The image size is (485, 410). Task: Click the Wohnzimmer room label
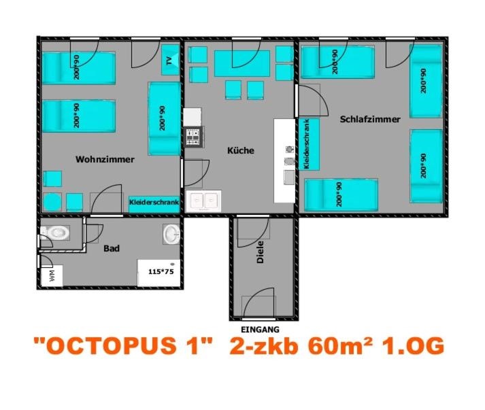pos(105,160)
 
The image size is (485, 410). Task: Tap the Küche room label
pos(241,150)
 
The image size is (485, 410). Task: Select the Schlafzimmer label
pos(370,120)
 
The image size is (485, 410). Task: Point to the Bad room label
pos(112,248)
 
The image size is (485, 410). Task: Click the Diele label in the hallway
pos(261,252)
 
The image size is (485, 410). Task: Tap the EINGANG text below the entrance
pos(260,330)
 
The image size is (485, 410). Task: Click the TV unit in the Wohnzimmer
pos(170,60)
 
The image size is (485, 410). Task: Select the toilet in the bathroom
pos(55,233)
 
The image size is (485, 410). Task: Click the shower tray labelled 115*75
pos(159,273)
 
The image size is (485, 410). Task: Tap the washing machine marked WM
pos(52,275)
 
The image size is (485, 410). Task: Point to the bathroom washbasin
pos(171,234)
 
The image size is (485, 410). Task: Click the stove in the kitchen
pos(194,137)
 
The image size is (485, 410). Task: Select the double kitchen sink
pos(203,201)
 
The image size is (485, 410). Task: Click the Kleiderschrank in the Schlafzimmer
pos(309,144)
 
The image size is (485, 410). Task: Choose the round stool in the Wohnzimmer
pos(52,202)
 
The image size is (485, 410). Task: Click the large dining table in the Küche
pos(242,63)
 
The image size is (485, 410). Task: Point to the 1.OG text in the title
pos(414,345)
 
